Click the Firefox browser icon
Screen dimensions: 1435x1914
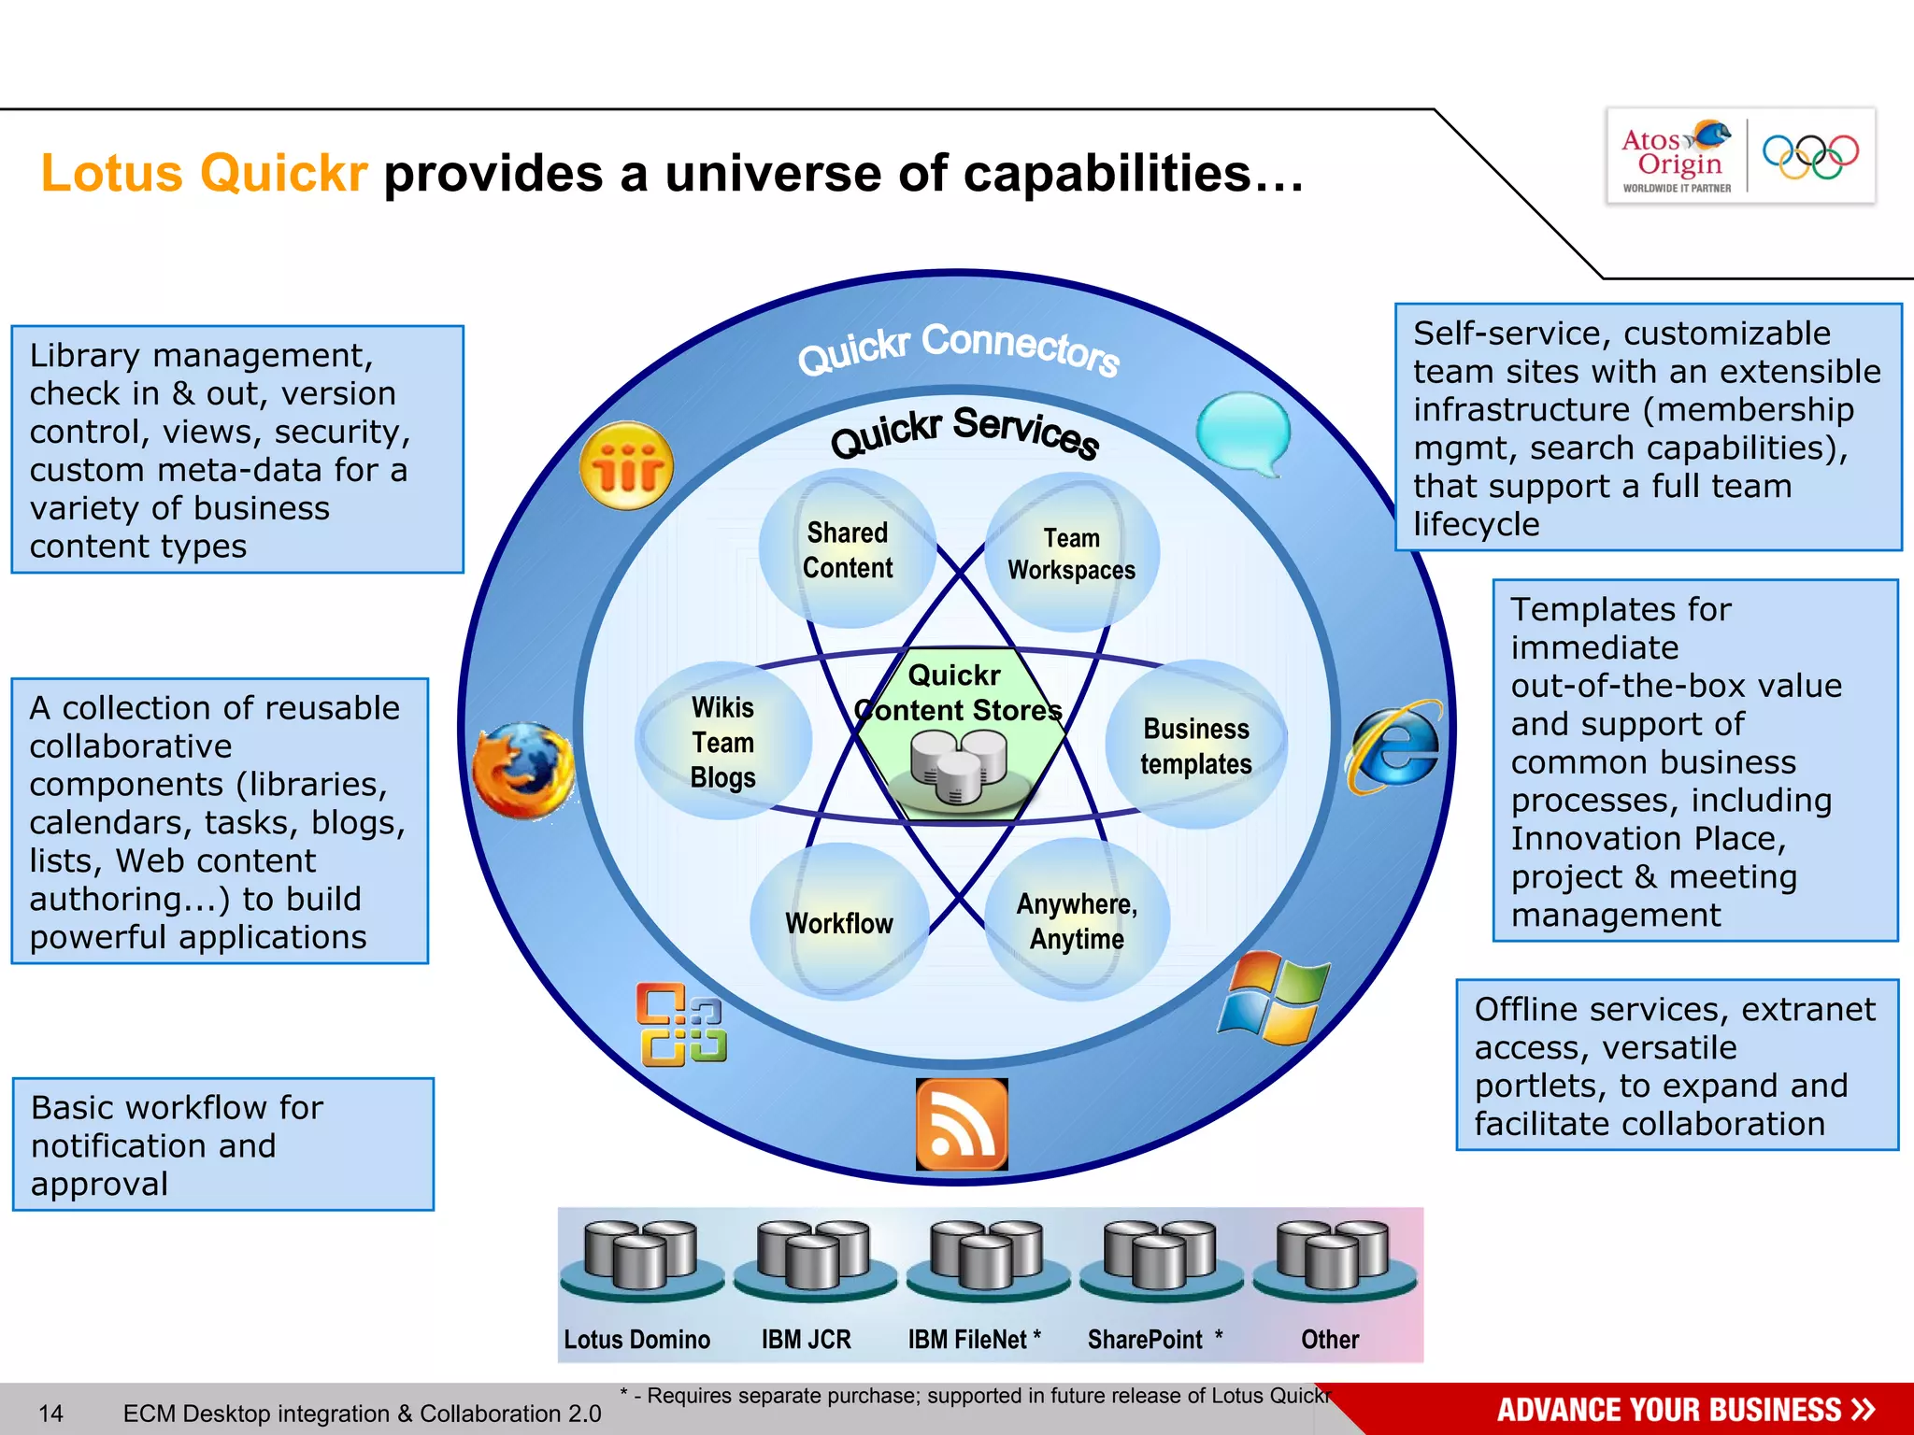(523, 770)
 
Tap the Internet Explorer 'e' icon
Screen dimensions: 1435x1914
(1394, 747)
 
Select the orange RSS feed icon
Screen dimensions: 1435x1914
(962, 1124)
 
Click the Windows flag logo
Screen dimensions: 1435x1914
(1274, 999)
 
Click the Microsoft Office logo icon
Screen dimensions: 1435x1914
(681, 1024)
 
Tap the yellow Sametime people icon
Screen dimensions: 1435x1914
(626, 465)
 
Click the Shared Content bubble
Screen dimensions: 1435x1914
(848, 550)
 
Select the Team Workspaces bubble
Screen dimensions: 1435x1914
(1072, 554)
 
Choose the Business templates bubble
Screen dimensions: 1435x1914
(1195, 746)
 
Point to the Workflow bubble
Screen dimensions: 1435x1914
(839, 923)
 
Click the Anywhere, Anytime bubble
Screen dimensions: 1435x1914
(1077, 921)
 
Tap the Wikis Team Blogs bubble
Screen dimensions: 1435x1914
(722, 742)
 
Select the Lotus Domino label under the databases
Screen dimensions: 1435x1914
(636, 1339)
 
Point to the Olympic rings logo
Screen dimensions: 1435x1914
(1810, 156)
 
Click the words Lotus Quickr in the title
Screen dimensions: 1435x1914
(204, 174)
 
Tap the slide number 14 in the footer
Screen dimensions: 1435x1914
(50, 1414)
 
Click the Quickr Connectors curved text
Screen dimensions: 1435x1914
(958, 348)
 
